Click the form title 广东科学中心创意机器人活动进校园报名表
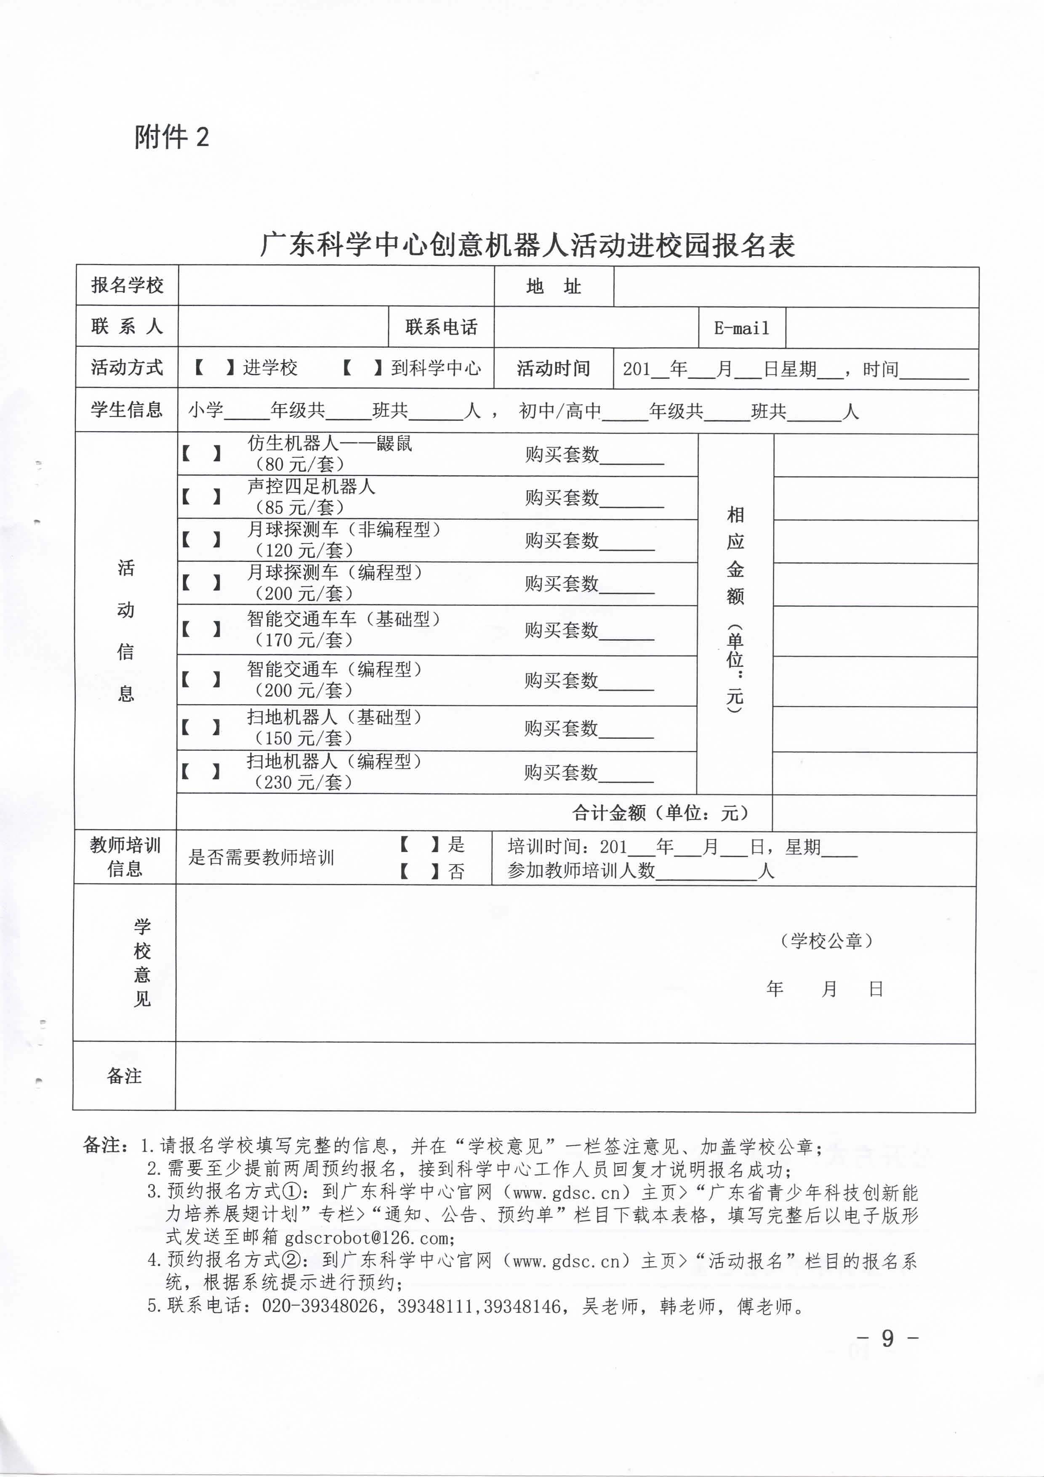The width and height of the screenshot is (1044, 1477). click(527, 245)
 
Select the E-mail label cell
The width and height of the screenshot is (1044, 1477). click(742, 328)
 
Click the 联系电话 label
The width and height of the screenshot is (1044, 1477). click(441, 327)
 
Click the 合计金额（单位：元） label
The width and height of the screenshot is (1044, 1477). click(660, 813)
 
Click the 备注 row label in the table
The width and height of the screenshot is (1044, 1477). click(124, 1076)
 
